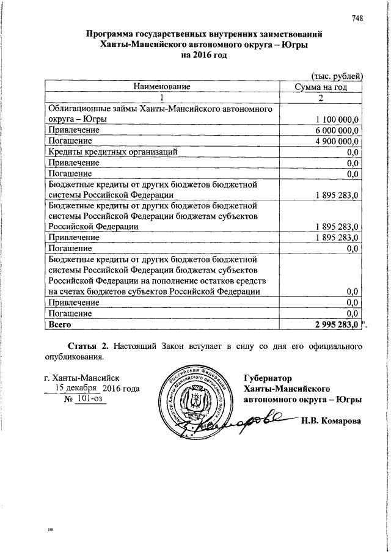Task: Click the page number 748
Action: [x=357, y=18]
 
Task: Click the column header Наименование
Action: [x=162, y=87]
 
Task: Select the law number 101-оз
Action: [x=86, y=399]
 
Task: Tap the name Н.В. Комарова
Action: [x=331, y=421]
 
